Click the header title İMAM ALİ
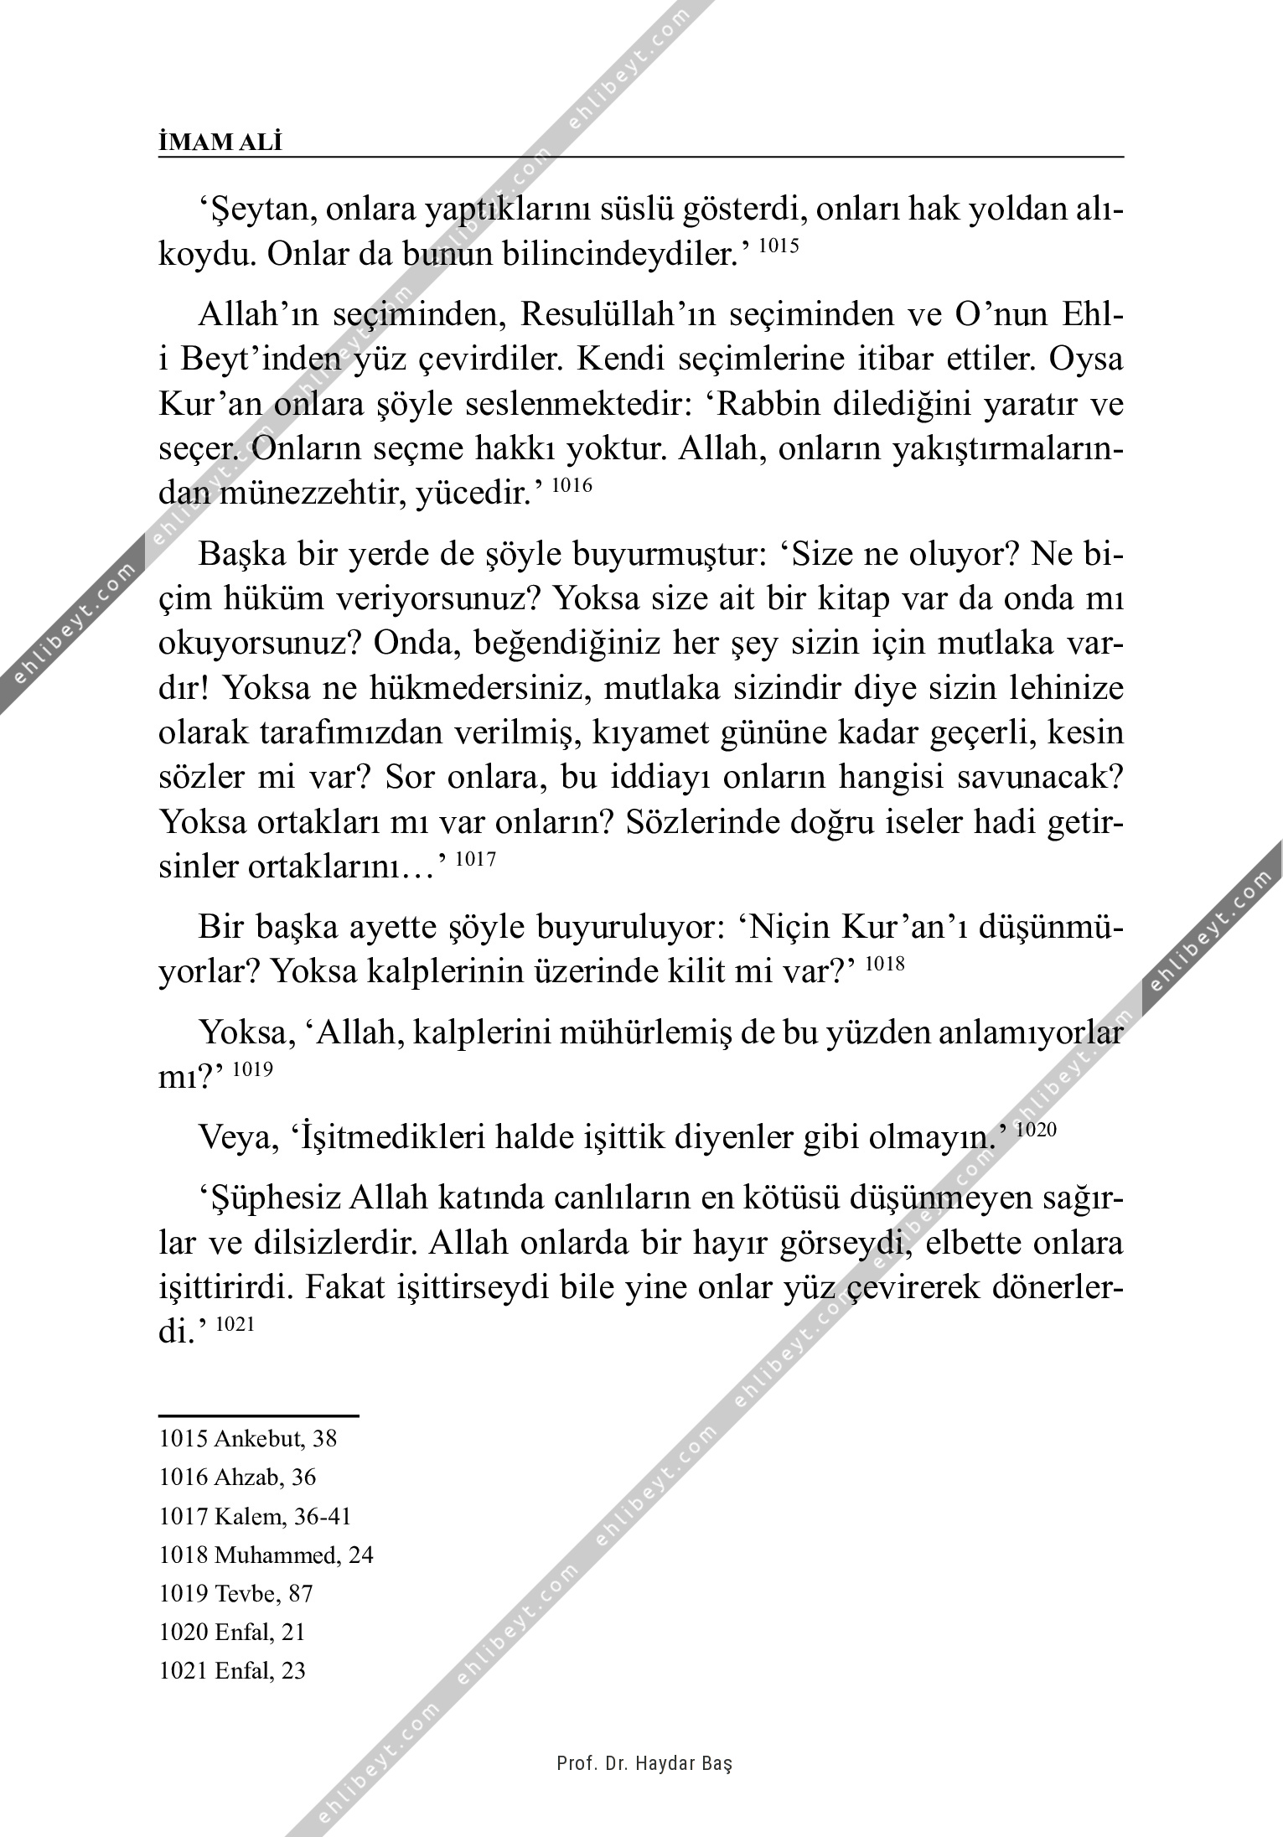point(220,143)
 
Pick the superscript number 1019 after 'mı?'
point(252,1069)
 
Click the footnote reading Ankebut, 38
point(248,1439)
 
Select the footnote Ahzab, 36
point(238,1477)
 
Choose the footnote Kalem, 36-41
point(256,1516)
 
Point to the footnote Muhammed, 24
point(266,1555)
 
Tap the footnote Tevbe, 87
point(236,1593)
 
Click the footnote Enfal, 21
point(232,1632)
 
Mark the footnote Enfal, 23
point(232,1670)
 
